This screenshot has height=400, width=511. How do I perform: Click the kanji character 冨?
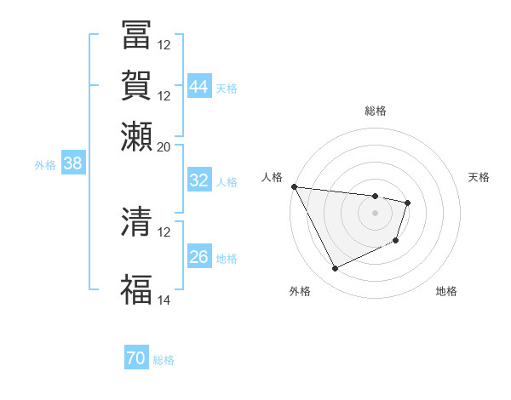[136, 35]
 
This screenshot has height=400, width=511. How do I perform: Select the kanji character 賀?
[136, 86]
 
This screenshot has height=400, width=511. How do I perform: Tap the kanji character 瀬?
[136, 136]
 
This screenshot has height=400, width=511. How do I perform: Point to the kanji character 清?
[136, 222]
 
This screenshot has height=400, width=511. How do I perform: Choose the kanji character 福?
[136, 289]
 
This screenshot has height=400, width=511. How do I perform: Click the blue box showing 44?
[199, 87]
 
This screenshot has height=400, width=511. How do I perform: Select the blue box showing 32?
[199, 180]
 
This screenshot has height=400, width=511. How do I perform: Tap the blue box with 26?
[199, 257]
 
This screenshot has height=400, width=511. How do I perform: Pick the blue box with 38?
[72, 164]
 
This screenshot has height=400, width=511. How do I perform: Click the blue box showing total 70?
[136, 359]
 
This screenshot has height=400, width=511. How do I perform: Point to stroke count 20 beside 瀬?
[164, 146]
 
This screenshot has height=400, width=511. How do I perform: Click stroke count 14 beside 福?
[164, 300]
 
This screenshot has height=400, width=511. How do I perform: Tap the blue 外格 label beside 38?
[45, 165]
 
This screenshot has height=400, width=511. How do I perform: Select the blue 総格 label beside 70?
[164, 360]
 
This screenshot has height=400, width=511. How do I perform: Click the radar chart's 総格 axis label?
[376, 111]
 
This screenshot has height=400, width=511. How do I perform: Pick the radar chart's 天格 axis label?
[479, 177]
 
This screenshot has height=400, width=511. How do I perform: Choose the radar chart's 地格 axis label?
[446, 291]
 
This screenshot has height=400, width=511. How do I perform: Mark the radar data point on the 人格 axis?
[294, 186]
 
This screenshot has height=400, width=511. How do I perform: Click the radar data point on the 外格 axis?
[335, 269]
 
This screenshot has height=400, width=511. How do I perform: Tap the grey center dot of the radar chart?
[376, 213]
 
